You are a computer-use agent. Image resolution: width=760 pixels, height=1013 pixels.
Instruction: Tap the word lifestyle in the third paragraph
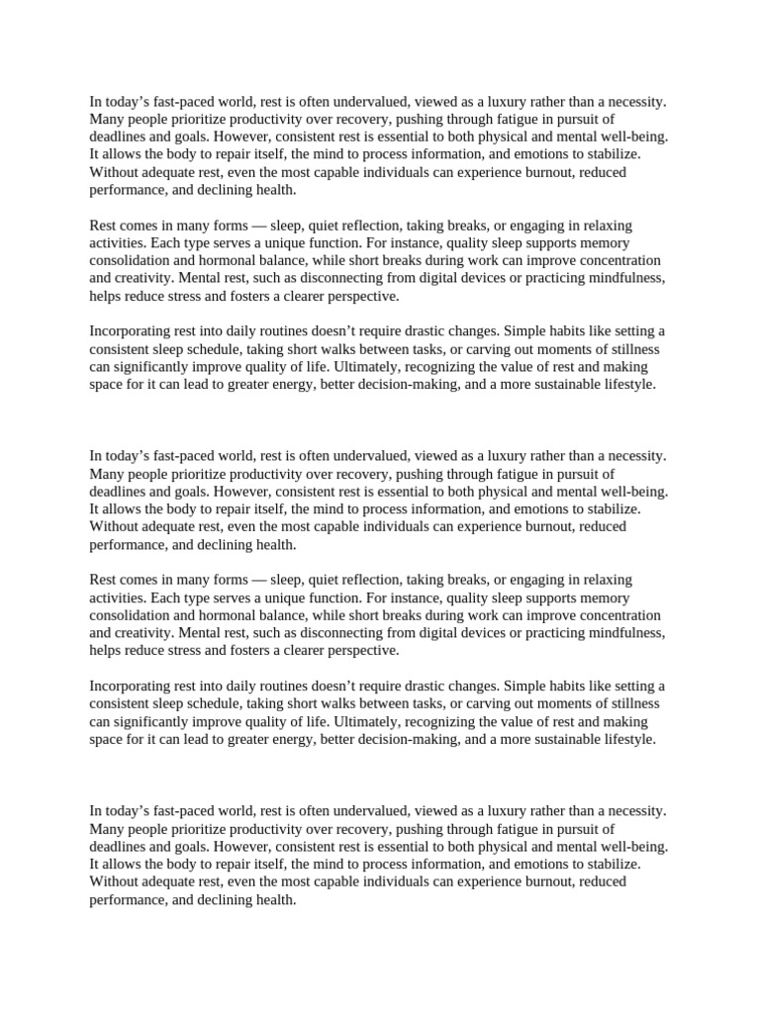tap(626, 385)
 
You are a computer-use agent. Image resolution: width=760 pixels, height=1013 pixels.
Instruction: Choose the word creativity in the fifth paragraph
tap(145, 633)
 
